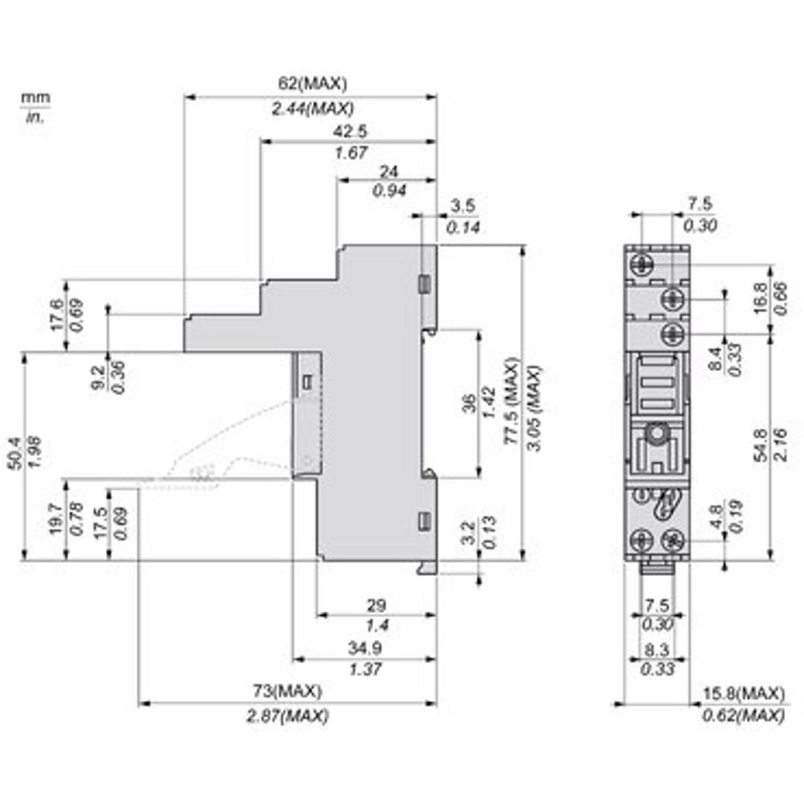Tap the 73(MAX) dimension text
point(287,691)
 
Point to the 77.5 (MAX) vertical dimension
point(513,401)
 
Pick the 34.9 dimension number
point(365,648)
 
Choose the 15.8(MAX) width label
point(744,693)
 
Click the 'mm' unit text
point(36,98)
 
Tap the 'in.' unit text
point(35,117)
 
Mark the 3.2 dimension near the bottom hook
point(469,531)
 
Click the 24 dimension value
point(389,172)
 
